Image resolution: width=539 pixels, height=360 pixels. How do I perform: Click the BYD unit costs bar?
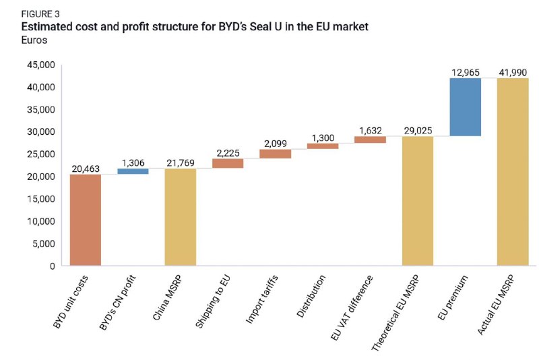(86, 220)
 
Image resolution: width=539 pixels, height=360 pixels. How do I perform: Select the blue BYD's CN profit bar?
(133, 171)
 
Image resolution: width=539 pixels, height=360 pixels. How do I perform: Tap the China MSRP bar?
(180, 217)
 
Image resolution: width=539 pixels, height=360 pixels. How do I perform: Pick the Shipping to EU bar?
(228, 163)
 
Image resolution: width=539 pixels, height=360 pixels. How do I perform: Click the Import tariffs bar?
(275, 154)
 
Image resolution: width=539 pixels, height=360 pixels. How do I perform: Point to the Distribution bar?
(323, 146)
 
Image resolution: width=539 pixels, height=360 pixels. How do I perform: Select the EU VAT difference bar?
(370, 140)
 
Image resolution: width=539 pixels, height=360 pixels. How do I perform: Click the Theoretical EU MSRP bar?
(418, 201)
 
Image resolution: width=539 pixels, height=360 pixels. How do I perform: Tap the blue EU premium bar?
(465, 107)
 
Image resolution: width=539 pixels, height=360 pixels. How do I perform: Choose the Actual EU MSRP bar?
(513, 172)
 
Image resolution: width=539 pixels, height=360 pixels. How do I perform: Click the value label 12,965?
(465, 71)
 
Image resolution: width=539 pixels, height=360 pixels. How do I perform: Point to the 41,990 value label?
(513, 71)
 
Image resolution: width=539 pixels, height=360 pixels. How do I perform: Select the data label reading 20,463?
(86, 167)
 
